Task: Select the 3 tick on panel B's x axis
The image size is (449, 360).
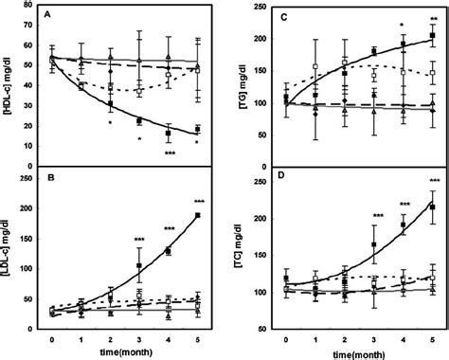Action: coord(139,337)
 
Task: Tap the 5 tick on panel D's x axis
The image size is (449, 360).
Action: coord(433,337)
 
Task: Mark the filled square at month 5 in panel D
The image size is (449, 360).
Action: coord(433,207)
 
